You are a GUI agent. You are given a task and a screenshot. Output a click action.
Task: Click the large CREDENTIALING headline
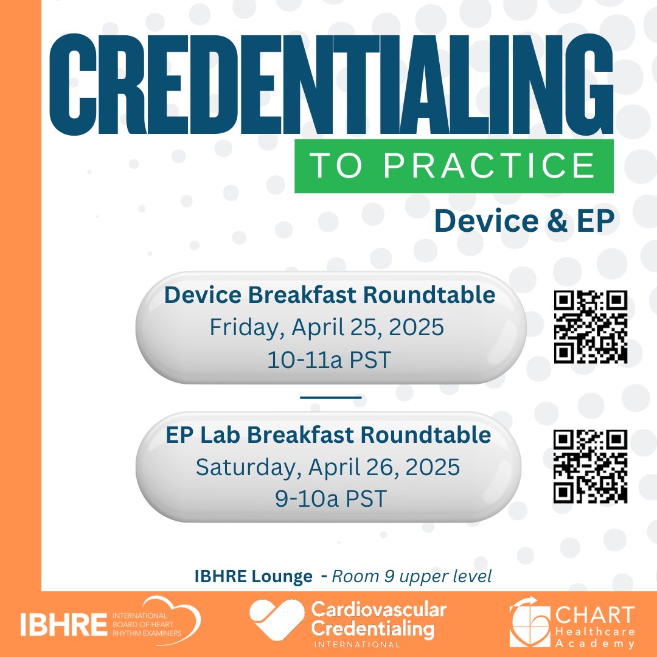tap(332, 88)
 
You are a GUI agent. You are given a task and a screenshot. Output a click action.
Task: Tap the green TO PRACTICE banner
tap(453, 166)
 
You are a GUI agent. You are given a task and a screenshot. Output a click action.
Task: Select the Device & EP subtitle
tap(524, 222)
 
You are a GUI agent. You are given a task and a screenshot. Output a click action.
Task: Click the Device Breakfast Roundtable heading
tap(330, 296)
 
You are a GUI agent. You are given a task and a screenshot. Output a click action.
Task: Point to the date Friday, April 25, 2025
tap(327, 328)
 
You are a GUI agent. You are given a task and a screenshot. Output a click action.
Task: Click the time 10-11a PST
tap(328, 360)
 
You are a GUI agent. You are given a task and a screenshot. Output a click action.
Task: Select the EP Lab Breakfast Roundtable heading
tap(328, 435)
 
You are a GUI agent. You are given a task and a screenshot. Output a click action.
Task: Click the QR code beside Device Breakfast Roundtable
tap(590, 327)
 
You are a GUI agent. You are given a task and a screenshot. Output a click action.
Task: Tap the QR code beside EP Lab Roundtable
tap(590, 467)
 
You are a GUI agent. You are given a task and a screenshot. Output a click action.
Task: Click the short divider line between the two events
tap(331, 397)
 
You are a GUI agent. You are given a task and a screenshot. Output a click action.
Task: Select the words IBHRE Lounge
tap(253, 577)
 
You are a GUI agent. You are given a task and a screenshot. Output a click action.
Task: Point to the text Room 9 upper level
tap(411, 577)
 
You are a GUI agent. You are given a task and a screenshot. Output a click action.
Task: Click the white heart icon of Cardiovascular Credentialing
tap(277, 620)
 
